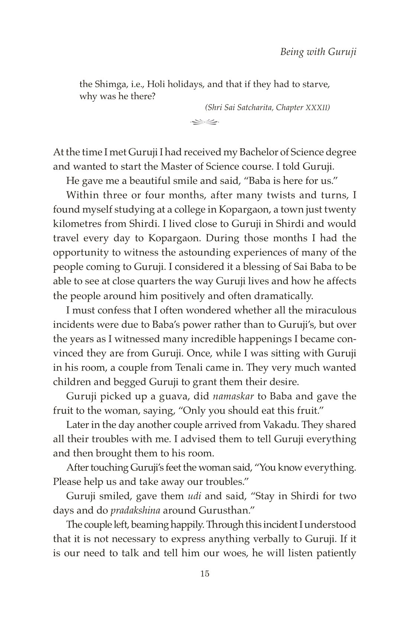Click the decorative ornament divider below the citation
pyautogui.click(x=204, y=121)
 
